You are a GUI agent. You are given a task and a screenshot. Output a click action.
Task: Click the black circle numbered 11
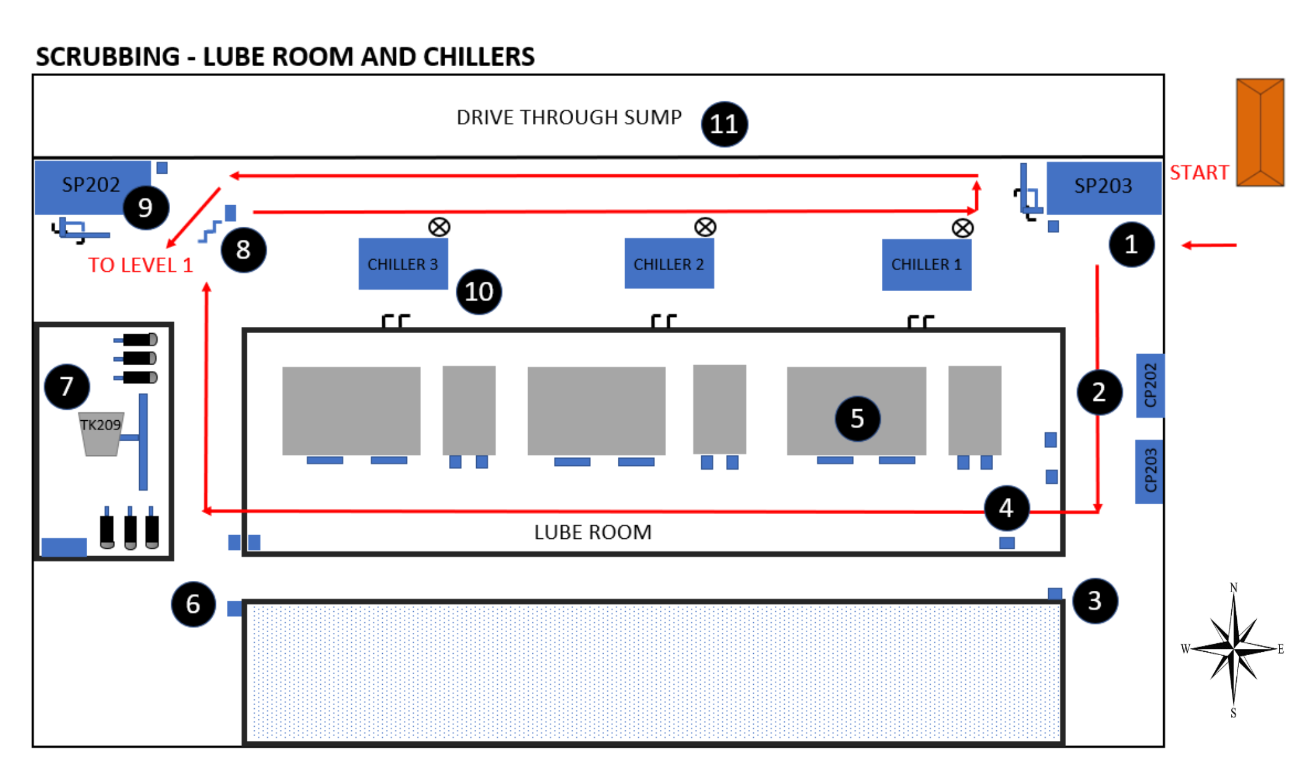724,124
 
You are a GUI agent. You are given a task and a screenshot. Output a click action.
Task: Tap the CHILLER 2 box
668,264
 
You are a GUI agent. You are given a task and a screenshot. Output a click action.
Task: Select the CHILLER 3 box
403,264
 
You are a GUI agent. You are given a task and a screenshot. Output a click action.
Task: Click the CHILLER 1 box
926,264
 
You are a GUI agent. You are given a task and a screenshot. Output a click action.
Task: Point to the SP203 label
1103,185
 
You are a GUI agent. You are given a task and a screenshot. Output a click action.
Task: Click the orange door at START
1260,132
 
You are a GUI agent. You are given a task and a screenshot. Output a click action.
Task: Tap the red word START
1198,172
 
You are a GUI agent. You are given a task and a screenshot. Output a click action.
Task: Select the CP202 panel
1150,385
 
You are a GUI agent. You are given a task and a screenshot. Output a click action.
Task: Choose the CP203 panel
1150,471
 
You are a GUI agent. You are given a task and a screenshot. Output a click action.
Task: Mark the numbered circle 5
856,419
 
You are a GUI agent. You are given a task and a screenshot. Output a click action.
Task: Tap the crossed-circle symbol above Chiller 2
704,227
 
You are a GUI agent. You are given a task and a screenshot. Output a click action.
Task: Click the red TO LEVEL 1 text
140,265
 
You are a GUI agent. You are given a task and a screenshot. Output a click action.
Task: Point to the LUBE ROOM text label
592,532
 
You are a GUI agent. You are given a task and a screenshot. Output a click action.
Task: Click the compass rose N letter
1233,587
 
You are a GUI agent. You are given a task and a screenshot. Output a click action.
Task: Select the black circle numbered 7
67,386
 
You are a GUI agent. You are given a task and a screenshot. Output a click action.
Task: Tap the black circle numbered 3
1094,601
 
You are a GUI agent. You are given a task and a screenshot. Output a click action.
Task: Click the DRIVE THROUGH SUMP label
568,117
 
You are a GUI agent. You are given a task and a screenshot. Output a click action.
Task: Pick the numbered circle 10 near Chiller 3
479,292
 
